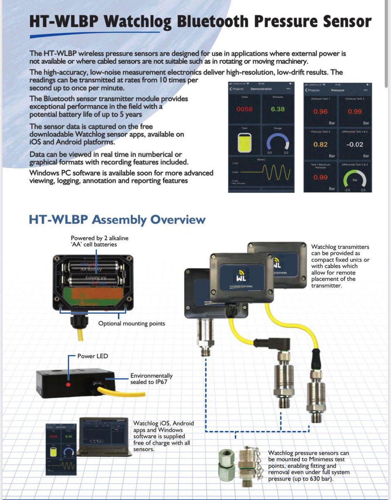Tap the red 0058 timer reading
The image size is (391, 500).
[244, 110]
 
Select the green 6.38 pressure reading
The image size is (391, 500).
[277, 110]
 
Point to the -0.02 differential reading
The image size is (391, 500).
[354, 145]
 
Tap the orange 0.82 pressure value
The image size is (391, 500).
[320, 145]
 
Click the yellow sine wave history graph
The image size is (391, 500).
[275, 172]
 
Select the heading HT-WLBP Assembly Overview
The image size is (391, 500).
[117, 220]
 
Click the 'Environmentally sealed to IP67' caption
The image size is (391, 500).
[151, 378]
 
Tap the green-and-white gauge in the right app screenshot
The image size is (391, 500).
[354, 179]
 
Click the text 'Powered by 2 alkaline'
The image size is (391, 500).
[94, 238]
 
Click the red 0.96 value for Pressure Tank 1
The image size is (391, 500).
[320, 112]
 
